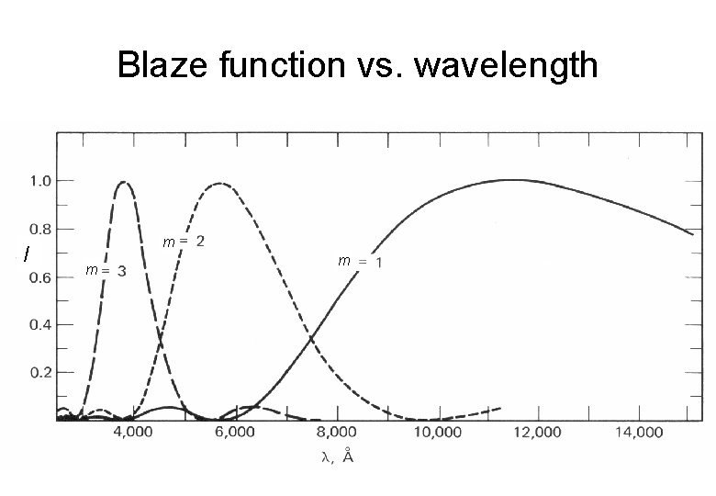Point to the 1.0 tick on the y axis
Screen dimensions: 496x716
tap(39, 181)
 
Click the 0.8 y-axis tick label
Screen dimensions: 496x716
tap(39, 229)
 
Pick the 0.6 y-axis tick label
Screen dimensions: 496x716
tap(39, 278)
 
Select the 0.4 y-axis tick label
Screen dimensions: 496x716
tap(39, 325)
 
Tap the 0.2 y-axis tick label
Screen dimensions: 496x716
tap(39, 373)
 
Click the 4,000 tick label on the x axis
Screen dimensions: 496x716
tap(134, 434)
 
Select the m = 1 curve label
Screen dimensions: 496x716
tap(360, 262)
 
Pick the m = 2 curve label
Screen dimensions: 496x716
tap(184, 242)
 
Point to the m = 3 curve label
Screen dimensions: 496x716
tap(106, 270)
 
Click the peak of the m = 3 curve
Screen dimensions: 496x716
tap(123, 182)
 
